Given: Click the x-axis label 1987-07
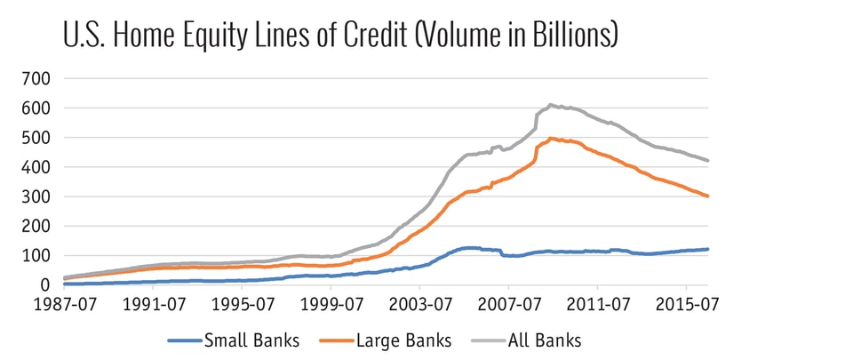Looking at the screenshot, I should [x=64, y=305].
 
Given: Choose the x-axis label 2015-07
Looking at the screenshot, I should [x=686, y=305].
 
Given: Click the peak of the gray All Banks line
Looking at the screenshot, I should [x=551, y=105].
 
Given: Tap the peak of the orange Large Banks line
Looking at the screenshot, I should [x=552, y=138].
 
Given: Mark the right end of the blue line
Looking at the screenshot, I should [x=708, y=249].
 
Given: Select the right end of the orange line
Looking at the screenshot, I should [x=708, y=196].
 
